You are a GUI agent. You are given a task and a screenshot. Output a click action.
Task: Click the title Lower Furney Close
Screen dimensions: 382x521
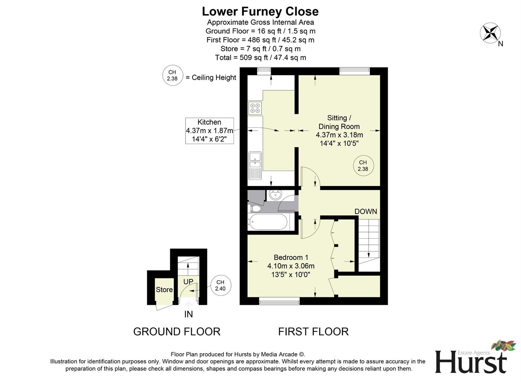pos(260,11)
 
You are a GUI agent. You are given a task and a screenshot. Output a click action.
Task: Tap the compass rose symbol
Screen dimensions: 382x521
pos(490,33)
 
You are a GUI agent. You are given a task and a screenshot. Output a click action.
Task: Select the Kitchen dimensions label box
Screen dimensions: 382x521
pos(209,131)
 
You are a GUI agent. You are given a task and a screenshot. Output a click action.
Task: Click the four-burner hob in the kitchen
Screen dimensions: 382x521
pos(255,108)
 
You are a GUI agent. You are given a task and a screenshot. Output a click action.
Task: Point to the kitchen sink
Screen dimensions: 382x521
pos(254,159)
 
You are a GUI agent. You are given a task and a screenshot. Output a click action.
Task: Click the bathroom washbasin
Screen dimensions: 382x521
pos(274,195)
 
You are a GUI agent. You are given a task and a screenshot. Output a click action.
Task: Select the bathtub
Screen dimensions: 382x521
pos(268,222)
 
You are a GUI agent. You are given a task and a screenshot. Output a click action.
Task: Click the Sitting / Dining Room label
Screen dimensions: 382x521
pos(339,122)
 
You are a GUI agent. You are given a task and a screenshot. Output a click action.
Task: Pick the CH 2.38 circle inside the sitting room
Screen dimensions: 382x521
pos(363,166)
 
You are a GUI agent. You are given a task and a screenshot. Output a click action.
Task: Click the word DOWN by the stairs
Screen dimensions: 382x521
pos(365,212)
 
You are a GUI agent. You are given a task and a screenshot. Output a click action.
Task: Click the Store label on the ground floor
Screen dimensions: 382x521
pos(164,290)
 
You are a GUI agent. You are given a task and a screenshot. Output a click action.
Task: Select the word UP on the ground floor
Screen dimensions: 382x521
pos(188,282)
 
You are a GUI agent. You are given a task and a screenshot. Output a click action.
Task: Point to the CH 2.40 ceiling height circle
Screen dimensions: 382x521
pos(221,285)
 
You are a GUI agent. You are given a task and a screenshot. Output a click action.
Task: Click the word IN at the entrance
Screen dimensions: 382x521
pos(188,314)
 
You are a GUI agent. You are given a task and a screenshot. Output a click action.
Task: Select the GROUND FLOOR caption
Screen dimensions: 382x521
pos(177,331)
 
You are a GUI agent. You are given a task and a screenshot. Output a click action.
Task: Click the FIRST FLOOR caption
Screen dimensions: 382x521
pos(313,331)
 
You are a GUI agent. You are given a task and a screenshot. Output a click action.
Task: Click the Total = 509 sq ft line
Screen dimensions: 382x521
pos(260,57)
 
